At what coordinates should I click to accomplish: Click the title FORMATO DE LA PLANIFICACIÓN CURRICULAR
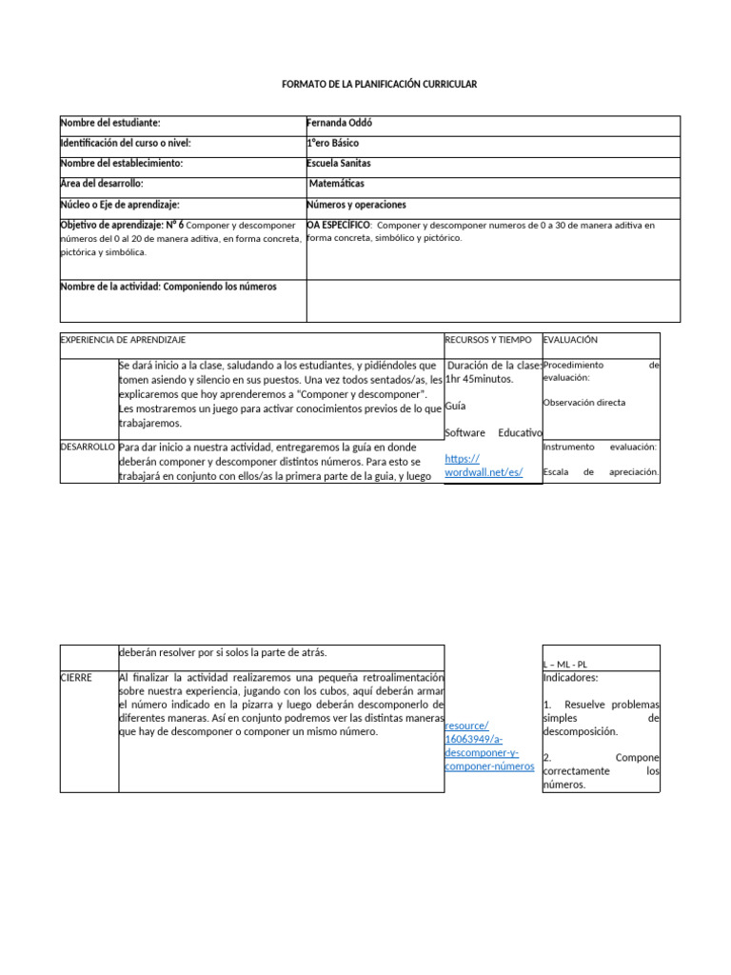coord(379,85)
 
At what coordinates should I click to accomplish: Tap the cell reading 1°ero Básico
coord(333,143)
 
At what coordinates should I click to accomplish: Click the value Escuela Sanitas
coord(339,164)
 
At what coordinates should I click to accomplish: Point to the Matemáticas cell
coord(337,184)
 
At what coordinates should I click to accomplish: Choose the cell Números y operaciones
coord(356,205)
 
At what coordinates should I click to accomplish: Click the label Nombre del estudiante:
coord(110,123)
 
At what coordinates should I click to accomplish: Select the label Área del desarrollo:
coord(102,184)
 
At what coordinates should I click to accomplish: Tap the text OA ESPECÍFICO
coord(339,226)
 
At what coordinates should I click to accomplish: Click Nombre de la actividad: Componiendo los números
coord(169,287)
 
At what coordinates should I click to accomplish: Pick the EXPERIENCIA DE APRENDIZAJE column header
coord(123,339)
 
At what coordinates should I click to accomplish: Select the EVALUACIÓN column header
coord(570,339)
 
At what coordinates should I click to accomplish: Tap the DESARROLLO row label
coord(88,446)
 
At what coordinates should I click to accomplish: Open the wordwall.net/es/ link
coord(484,466)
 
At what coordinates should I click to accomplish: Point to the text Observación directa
coord(584,403)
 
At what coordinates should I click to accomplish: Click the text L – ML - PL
coord(565,665)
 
